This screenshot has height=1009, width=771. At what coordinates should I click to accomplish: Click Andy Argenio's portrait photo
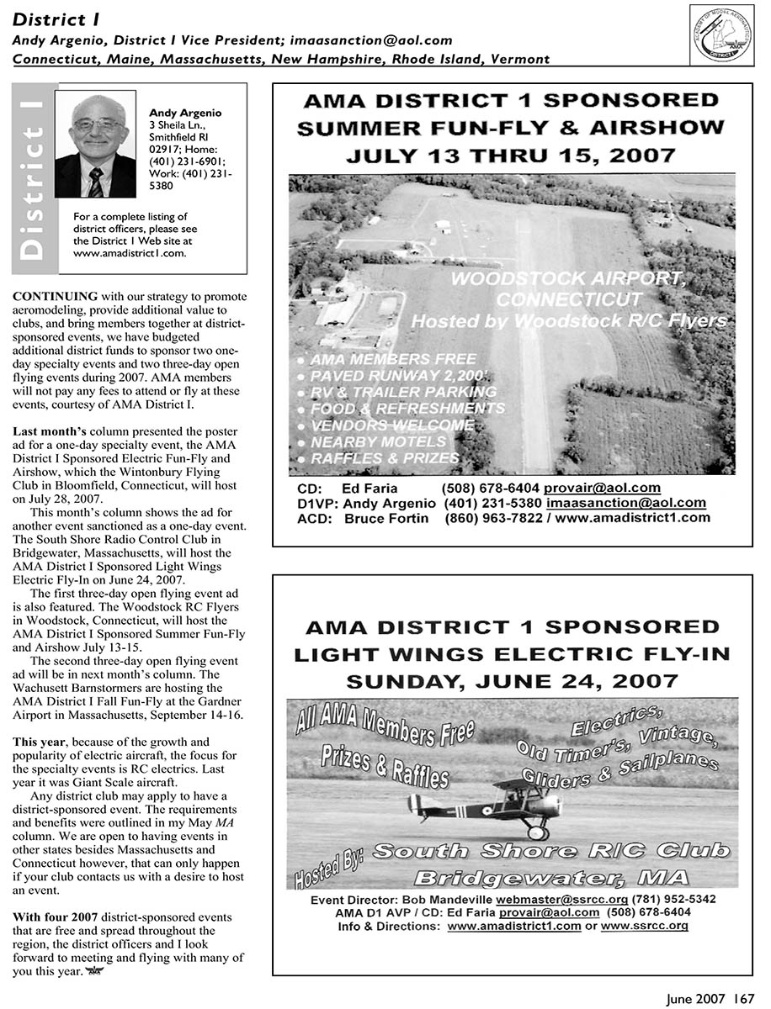[95, 144]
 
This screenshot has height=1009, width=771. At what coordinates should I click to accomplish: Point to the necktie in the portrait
[95, 180]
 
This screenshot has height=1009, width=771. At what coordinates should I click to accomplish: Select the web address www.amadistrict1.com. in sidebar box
[130, 251]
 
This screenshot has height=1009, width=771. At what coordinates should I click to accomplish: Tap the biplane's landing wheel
[536, 832]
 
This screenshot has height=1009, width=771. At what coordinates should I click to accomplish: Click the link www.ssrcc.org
[644, 926]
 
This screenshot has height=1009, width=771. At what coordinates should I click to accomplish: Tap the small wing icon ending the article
[98, 971]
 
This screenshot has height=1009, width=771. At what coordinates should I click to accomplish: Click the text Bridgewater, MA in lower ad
[551, 879]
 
